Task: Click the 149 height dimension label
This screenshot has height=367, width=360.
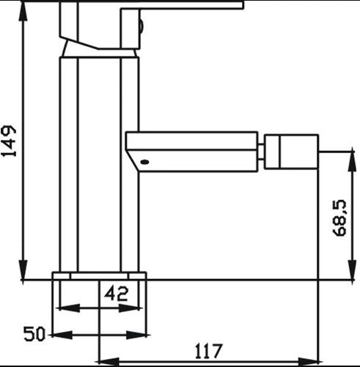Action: click(x=9, y=141)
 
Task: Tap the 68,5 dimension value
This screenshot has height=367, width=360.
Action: click(x=340, y=218)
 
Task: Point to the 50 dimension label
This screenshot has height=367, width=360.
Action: click(x=34, y=334)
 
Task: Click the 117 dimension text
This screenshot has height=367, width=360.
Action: click(x=209, y=351)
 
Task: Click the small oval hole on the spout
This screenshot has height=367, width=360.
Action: click(x=144, y=162)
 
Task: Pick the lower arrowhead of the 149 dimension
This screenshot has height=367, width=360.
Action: click(x=23, y=270)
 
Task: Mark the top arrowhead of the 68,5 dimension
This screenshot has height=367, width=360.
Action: click(x=352, y=158)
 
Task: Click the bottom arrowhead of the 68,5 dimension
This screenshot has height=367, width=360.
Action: click(x=352, y=270)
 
